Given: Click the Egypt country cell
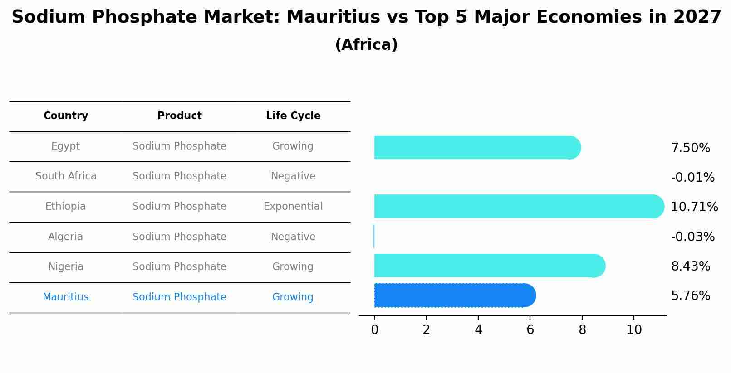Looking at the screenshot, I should (66, 146).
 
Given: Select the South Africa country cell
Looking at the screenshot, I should (66, 176).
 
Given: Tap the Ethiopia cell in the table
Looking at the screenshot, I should (66, 207).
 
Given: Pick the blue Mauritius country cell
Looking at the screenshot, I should (66, 297).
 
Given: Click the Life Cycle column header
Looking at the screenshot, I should (293, 116).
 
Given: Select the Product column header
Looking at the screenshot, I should (180, 116).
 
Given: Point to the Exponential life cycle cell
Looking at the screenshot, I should (293, 207).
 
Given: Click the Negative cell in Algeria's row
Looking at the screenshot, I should (293, 237).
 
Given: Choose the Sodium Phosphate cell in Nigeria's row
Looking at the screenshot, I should (180, 267).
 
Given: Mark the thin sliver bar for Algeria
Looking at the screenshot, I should (374, 237).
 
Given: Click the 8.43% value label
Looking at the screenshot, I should (690, 266).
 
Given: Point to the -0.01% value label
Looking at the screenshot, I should (692, 178).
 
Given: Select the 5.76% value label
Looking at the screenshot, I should (690, 296).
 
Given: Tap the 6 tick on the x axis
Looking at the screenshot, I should (530, 330).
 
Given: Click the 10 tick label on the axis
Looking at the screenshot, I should (634, 330).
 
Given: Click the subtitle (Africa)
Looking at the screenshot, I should (366, 45).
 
